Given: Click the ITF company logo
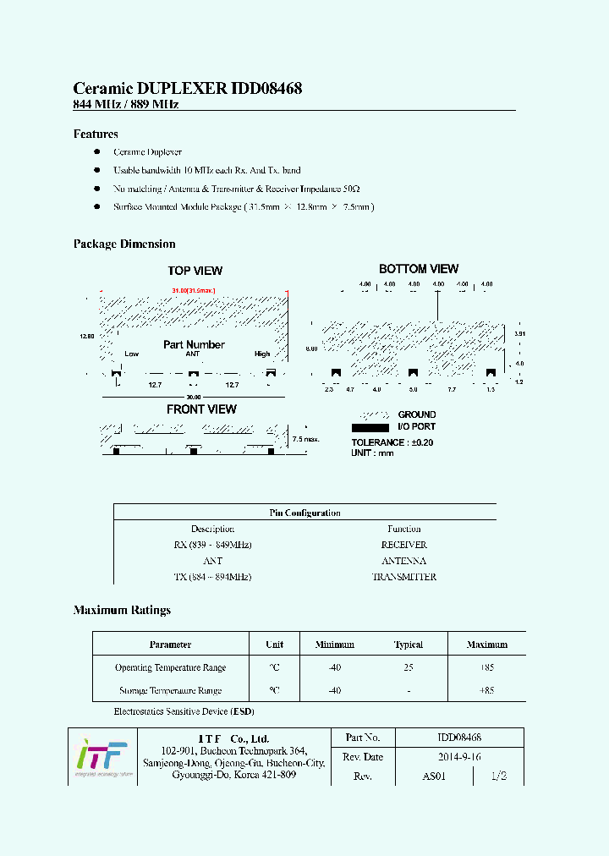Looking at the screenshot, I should [101, 755].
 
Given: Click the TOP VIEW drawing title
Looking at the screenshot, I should [195, 271].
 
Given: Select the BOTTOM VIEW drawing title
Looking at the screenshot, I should [418, 269].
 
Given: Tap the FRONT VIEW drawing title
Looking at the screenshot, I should [201, 409].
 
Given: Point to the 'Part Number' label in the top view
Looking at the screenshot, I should [194, 345].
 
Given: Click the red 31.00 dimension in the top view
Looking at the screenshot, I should [179, 291].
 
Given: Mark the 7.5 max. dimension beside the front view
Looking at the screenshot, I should [305, 440].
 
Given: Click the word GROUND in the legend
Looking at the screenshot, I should [417, 415].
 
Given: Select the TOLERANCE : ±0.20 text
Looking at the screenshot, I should [392, 442].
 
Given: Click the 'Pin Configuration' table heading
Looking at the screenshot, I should [304, 513].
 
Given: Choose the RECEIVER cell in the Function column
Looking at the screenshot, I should [403, 545].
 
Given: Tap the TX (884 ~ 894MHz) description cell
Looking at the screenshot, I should [212, 577].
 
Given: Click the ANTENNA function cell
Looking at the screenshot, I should [403, 561].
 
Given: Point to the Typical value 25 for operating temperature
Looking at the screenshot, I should [408, 667].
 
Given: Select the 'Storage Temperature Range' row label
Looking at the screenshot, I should [170, 690].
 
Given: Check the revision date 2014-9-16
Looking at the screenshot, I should [459, 757].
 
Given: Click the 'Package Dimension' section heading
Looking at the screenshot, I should [124, 244].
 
